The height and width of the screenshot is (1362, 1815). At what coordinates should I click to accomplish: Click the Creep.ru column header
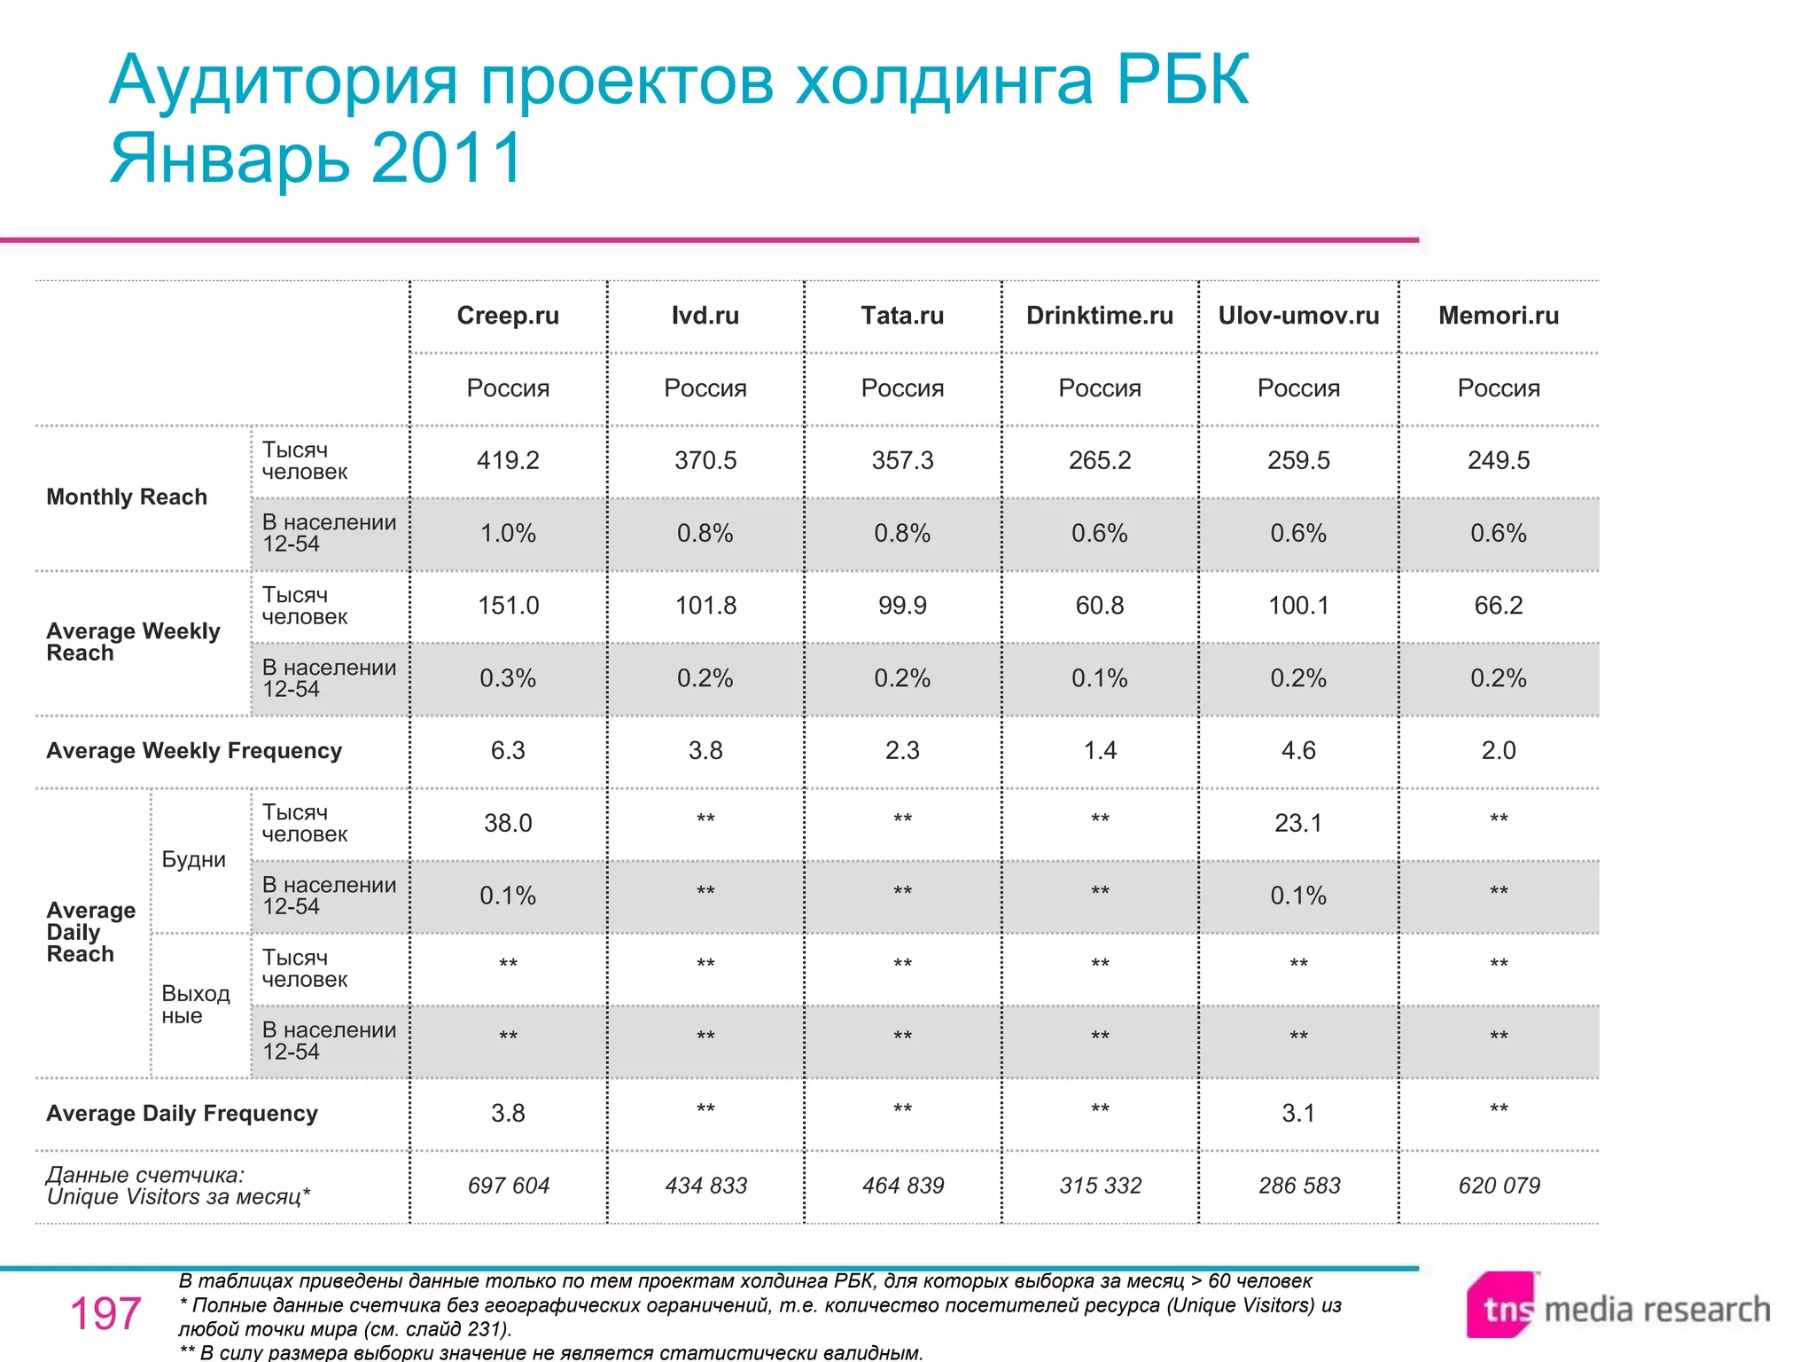coord(508,316)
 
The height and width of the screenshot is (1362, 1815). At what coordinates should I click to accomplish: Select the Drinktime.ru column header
coord(1099,316)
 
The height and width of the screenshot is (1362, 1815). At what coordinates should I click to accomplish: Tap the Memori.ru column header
coord(1498,316)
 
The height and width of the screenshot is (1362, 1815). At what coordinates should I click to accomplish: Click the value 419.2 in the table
coord(508,460)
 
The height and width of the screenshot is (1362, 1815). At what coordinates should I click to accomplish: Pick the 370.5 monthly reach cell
coord(705,460)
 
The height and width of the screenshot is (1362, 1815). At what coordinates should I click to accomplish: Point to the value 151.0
coord(508,606)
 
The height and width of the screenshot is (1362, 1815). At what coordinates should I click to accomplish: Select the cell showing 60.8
coord(1099,606)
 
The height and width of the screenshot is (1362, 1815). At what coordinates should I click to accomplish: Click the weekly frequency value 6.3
coord(508,751)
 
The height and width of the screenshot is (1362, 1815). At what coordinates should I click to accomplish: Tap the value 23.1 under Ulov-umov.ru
coord(1297,823)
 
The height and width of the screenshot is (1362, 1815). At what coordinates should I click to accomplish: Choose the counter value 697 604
coord(508,1186)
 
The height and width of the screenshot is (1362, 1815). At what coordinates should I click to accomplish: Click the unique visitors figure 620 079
coord(1499,1186)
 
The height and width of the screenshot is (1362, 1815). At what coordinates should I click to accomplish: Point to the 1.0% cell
coord(508,533)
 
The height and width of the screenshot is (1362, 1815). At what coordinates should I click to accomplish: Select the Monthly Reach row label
coord(127,497)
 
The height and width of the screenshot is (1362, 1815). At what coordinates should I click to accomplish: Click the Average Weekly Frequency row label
coord(194,751)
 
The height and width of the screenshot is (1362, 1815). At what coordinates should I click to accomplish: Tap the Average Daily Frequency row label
coord(182,1114)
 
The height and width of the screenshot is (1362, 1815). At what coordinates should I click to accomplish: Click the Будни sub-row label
coord(193,859)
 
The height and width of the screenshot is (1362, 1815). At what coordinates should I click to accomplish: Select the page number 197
coord(105,1313)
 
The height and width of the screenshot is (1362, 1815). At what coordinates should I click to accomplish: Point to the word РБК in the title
coord(1182,80)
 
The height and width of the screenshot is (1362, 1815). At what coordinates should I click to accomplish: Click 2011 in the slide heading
coord(448,158)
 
